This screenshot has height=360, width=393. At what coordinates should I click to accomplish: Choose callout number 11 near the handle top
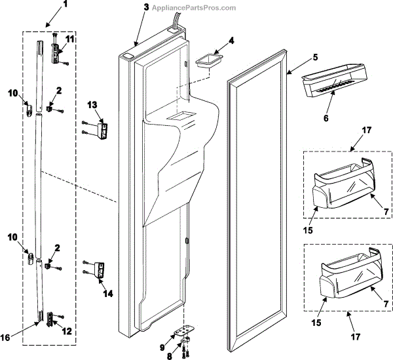tap(69, 41)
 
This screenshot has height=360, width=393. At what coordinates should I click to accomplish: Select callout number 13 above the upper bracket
tap(92, 104)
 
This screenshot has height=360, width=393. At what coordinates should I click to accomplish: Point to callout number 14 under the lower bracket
tap(108, 294)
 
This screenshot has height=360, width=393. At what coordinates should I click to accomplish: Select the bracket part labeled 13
tap(103, 129)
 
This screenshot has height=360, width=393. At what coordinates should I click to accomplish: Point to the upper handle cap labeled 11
tap(58, 46)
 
